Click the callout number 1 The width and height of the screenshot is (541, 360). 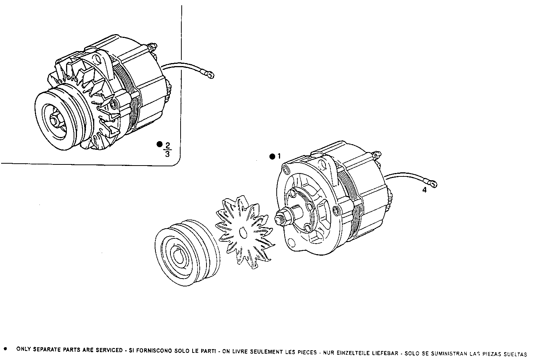[279, 156]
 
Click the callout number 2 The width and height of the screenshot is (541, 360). [167, 145]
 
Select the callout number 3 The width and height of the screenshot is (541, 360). [167, 154]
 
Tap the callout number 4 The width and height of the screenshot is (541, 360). [424, 190]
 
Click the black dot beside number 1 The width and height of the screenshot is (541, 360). [272, 157]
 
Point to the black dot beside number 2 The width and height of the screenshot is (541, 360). [159, 144]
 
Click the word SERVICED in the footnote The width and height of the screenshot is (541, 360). [110, 350]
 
